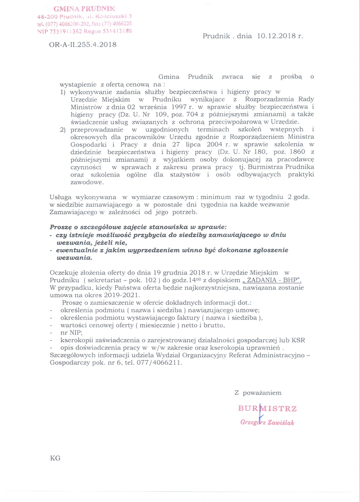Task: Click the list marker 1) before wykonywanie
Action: point(63,92)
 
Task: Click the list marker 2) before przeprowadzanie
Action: point(63,129)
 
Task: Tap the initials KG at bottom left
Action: point(55,458)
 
